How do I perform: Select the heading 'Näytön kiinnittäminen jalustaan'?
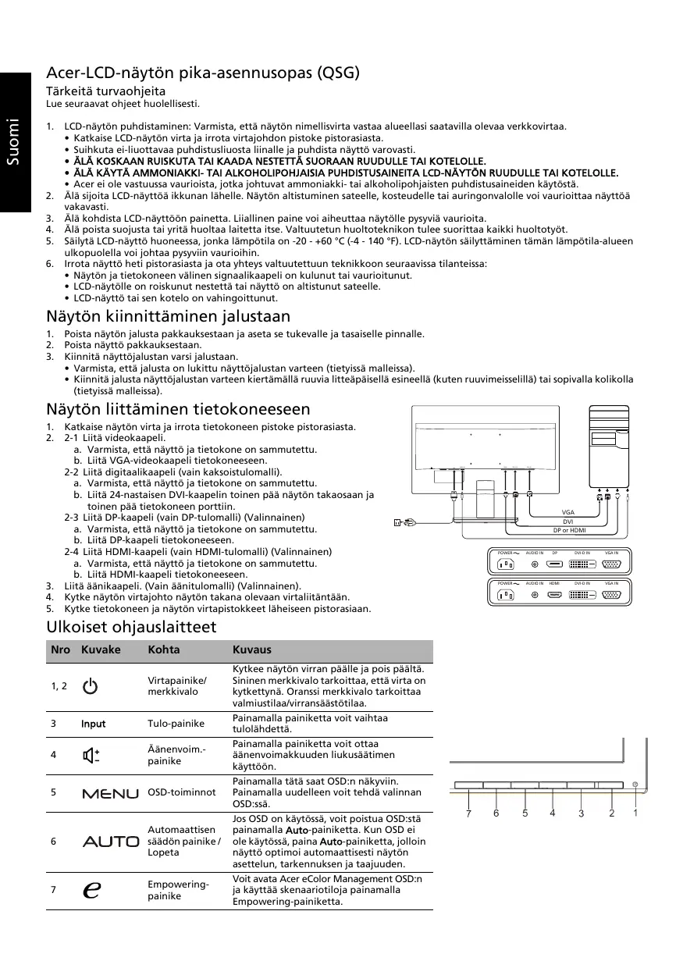pyautogui.click(x=169, y=316)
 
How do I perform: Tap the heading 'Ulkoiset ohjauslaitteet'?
pyautogui.click(x=131, y=627)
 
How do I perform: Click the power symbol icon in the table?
pyautogui.click(x=91, y=686)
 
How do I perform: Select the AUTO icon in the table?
pyautogui.click(x=110, y=842)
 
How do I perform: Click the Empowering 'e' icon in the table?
pyautogui.click(x=91, y=890)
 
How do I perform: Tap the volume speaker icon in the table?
pyautogui.click(x=91, y=755)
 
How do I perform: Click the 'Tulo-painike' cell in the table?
pyautogui.click(x=176, y=724)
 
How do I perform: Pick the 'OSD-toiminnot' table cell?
pyautogui.click(x=182, y=792)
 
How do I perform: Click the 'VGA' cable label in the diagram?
pyautogui.click(x=568, y=512)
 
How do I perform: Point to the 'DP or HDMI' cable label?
pyautogui.click(x=568, y=531)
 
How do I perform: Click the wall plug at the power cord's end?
pyautogui.click(x=399, y=522)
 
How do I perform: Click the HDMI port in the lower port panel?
pyautogui.click(x=554, y=596)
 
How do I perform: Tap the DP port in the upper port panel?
pyautogui.click(x=554, y=564)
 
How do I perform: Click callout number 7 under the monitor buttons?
pyautogui.click(x=468, y=813)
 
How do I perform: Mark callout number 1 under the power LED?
pyautogui.click(x=636, y=813)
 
